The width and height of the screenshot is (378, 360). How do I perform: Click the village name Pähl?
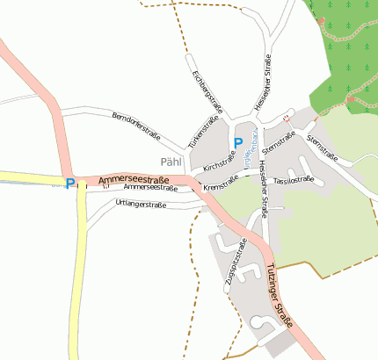[x=172, y=162]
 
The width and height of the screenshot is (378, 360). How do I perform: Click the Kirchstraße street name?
[x=219, y=162]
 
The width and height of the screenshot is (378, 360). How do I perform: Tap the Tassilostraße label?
[x=294, y=179]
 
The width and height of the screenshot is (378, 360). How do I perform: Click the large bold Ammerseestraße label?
[x=134, y=179]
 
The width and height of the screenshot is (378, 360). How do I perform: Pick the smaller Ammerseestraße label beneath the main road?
[x=150, y=188]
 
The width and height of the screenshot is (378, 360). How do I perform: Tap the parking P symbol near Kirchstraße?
[x=237, y=143]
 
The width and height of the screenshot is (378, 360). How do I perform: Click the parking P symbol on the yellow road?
[x=70, y=184]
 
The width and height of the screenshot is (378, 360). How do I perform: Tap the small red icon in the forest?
[x=322, y=21]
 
